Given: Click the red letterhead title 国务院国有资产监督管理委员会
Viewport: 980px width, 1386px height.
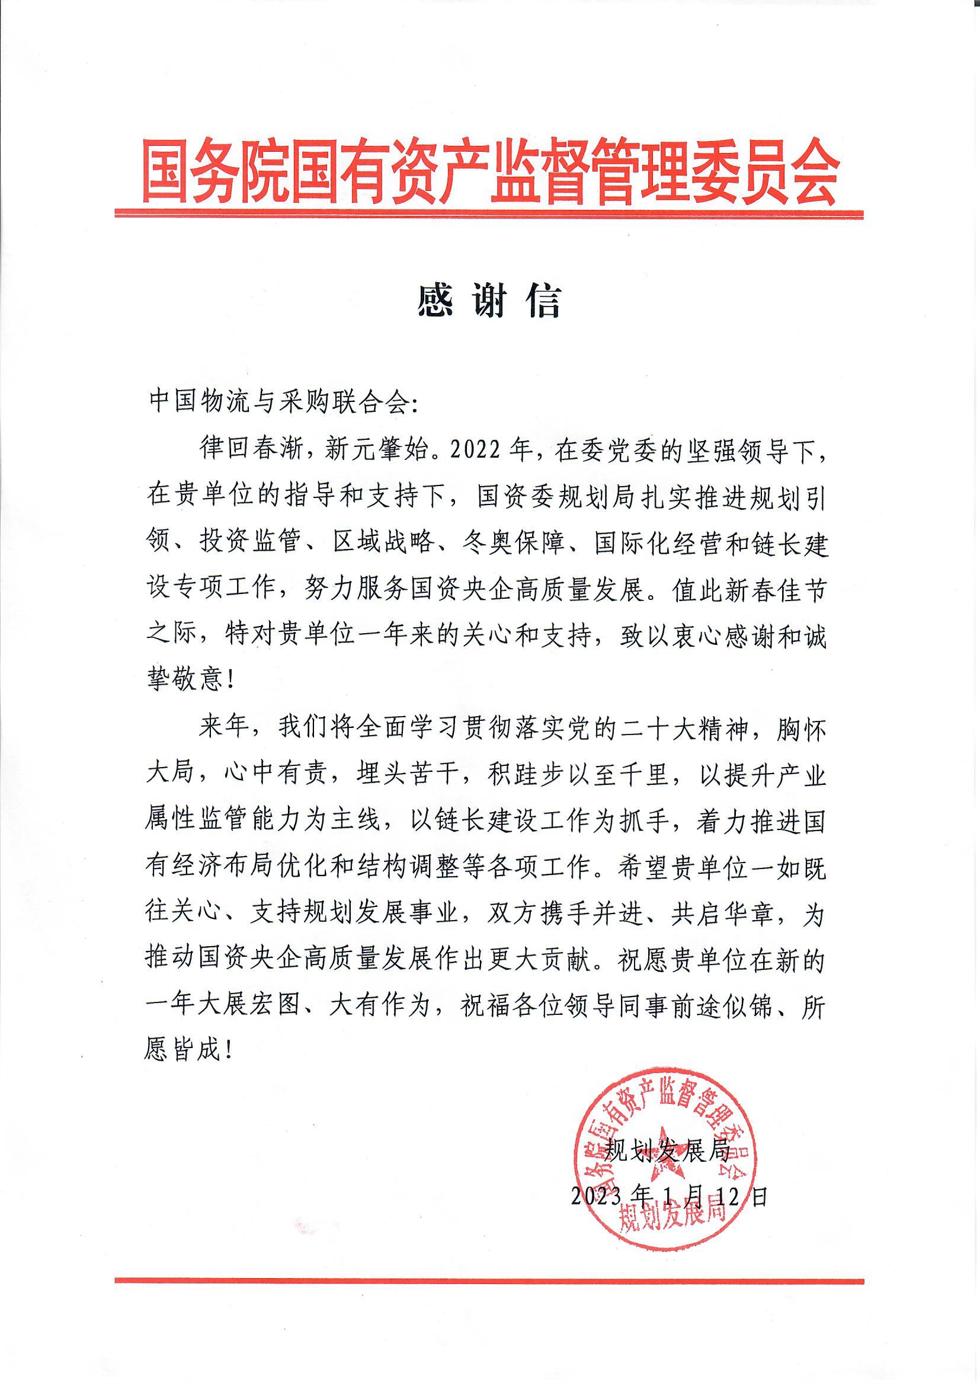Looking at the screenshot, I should pos(489,172).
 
